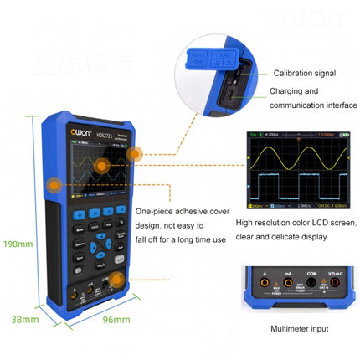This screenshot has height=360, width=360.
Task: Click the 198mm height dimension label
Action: tap(16, 244)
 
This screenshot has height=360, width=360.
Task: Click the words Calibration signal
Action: tap(304, 73)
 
